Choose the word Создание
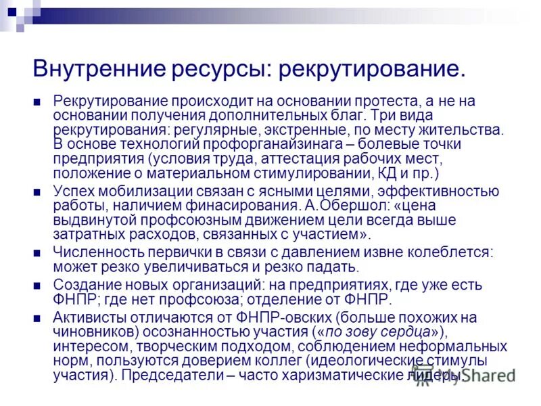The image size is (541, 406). [83, 285]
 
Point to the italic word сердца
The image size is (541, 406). [404, 332]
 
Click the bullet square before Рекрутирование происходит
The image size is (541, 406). [38, 101]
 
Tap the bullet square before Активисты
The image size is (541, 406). [38, 318]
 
